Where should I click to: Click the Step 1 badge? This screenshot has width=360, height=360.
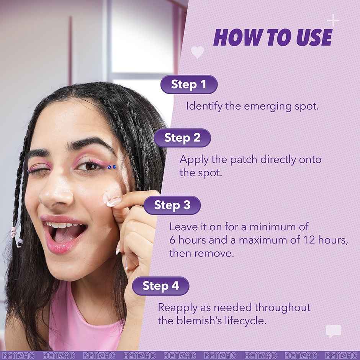[x=188, y=84]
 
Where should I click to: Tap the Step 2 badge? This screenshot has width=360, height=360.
[x=182, y=138]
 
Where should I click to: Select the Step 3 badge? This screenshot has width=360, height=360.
[x=172, y=205]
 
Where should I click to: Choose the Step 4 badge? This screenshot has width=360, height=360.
[x=160, y=286]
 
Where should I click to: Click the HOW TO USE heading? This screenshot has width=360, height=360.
[x=272, y=38]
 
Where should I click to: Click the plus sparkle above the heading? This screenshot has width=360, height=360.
[x=333, y=20]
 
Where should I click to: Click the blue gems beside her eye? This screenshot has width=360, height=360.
[x=111, y=167]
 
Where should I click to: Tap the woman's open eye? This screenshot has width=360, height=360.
[x=91, y=166]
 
